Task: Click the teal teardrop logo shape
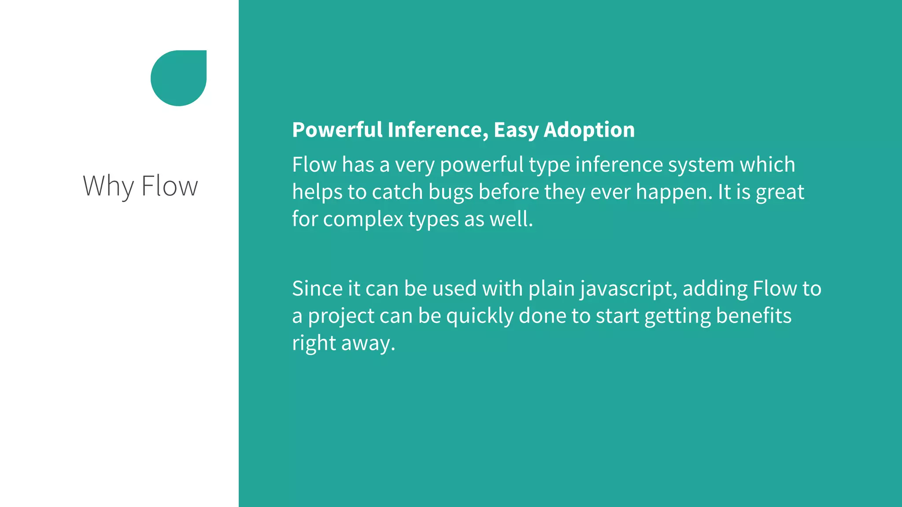178,78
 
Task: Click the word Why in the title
108,186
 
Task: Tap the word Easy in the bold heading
516,130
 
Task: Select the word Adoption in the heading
589,130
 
